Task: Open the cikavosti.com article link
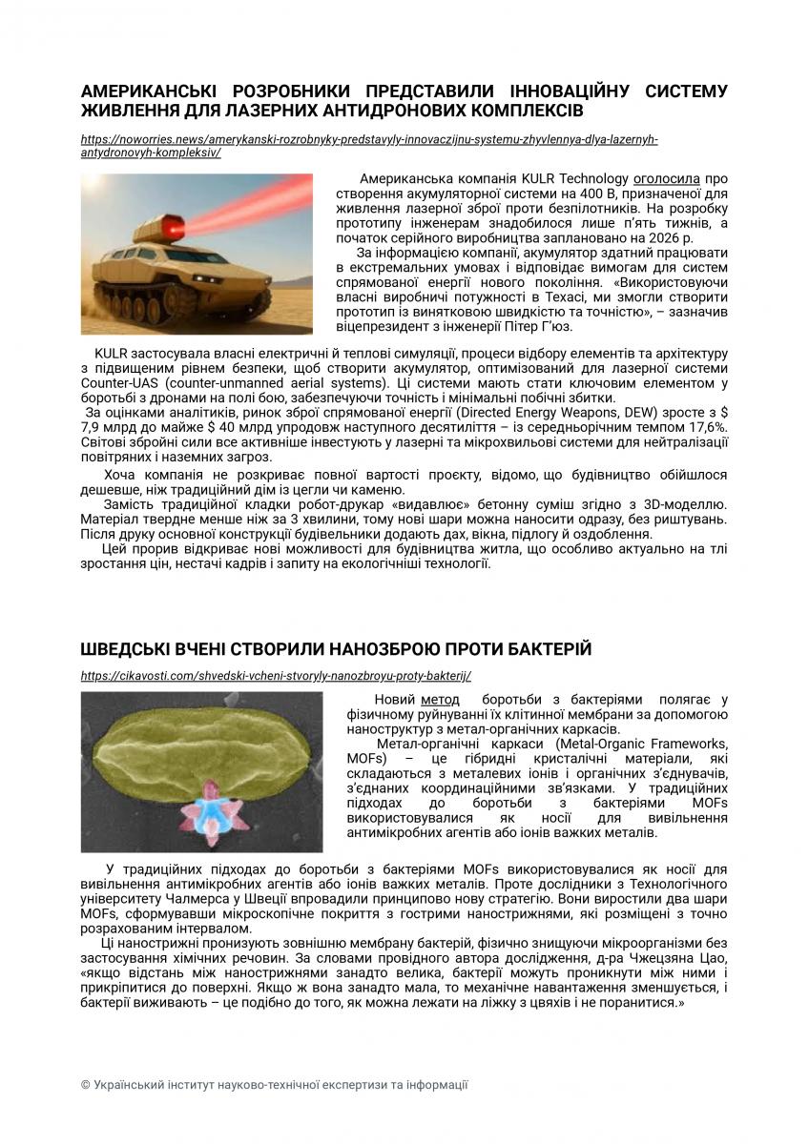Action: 277,675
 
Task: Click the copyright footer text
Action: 274,1085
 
